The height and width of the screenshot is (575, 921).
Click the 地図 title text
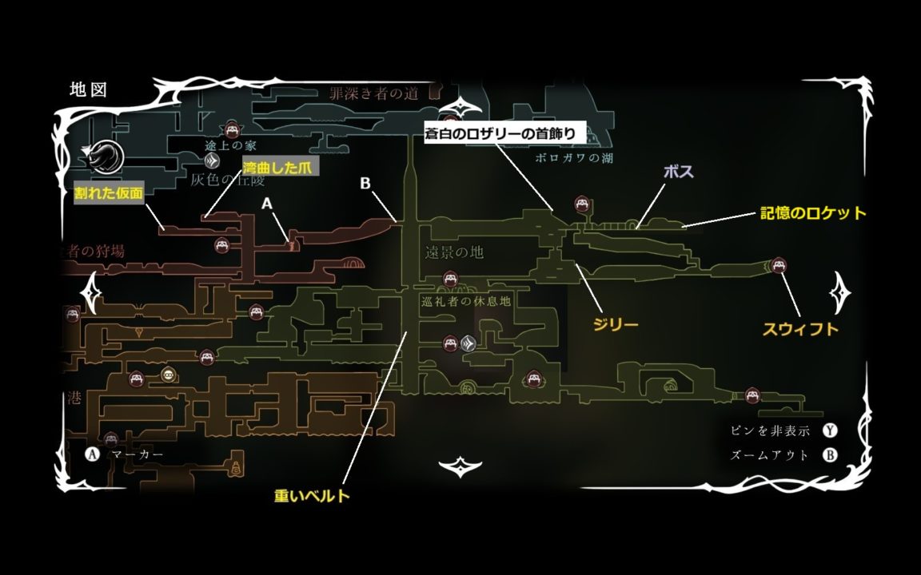click(88, 89)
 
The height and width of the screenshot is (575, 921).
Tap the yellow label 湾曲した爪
click(280, 167)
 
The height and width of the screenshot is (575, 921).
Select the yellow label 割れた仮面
click(109, 194)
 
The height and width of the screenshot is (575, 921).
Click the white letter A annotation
click(268, 204)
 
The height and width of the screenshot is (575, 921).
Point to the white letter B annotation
click(365, 183)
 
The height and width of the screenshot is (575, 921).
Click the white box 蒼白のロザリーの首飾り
click(505, 133)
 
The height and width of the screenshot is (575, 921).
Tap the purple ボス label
click(678, 172)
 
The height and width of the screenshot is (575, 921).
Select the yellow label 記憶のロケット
click(813, 213)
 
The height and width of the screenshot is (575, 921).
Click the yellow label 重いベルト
click(312, 496)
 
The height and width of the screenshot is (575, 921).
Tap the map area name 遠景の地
click(454, 253)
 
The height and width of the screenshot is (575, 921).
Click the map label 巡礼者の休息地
click(464, 301)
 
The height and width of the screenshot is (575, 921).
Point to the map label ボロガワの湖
click(576, 158)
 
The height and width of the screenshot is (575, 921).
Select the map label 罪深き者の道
click(373, 93)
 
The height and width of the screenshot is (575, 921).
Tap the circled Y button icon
click(831, 431)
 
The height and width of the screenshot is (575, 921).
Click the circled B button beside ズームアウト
click(831, 456)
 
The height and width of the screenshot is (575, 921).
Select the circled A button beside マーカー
click(92, 454)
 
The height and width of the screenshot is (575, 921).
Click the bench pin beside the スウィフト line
click(778, 266)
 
